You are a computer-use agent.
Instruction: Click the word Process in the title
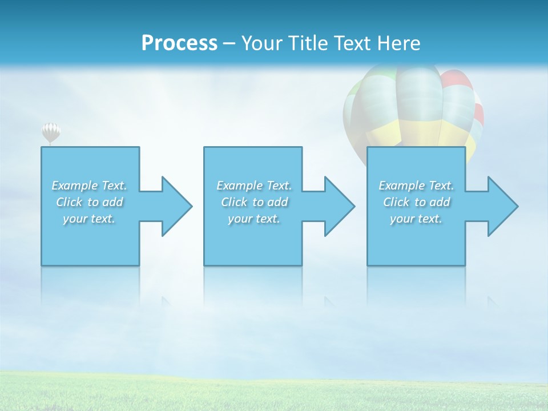coord(179,43)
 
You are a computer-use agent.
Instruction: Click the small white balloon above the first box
coord(51,132)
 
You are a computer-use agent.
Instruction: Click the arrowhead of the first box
coord(175,206)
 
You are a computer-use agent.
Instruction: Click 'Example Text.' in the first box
coord(90,186)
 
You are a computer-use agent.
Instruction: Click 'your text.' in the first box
coord(89,219)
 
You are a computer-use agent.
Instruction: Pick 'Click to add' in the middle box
coord(255,202)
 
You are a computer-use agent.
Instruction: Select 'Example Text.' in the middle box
coord(254,186)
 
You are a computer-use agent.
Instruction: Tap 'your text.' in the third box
coord(416,219)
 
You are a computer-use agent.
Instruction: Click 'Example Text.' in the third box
coord(417,186)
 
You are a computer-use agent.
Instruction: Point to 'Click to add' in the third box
coord(417,202)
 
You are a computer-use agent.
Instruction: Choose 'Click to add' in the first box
coord(90,202)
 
